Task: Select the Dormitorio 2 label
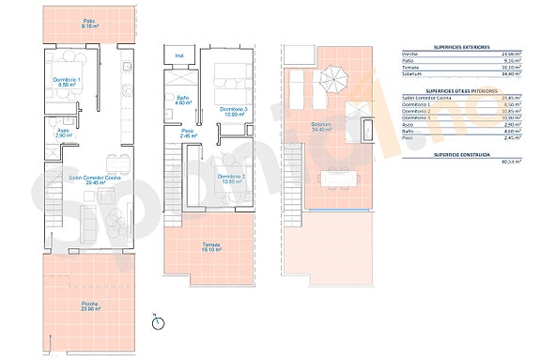[x=231, y=180]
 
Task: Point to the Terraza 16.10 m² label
[x=211, y=246]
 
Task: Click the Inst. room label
[x=180, y=56]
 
